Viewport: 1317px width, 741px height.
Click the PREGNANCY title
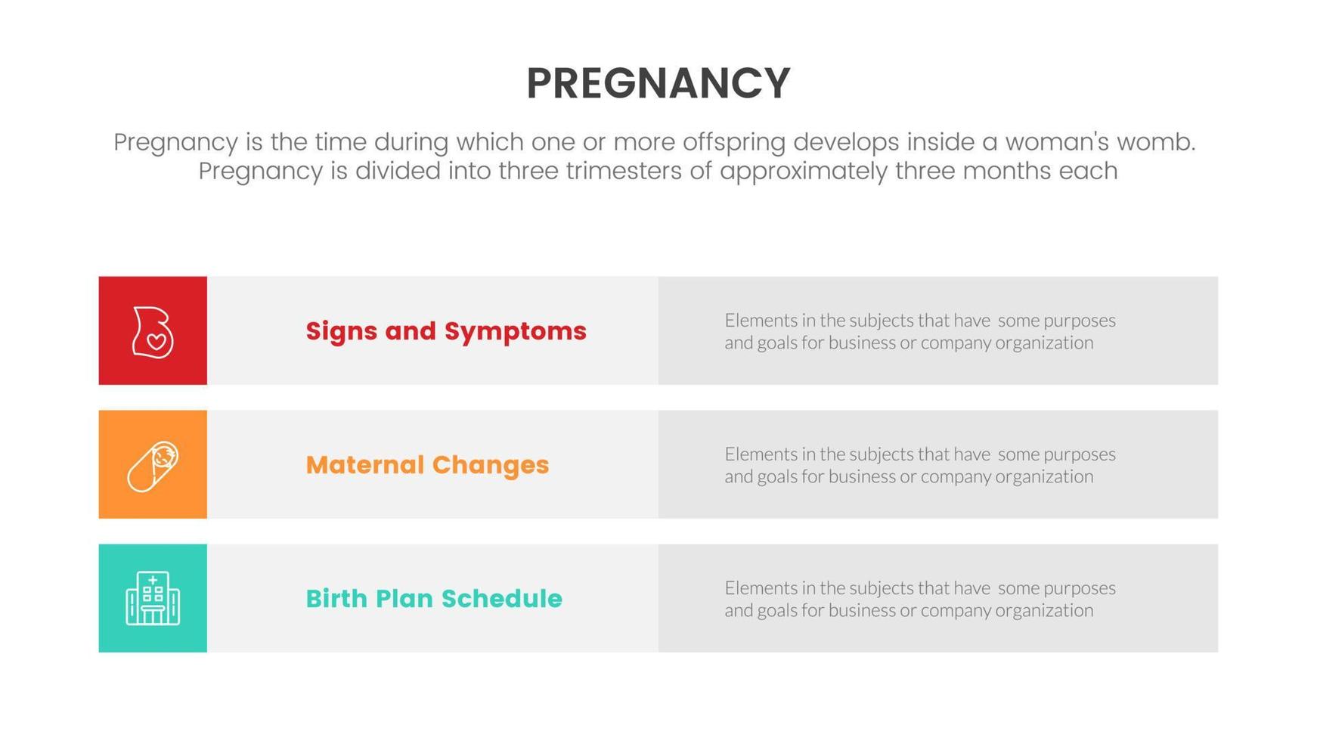pyautogui.click(x=658, y=83)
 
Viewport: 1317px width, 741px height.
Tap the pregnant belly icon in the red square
pyautogui.click(x=153, y=331)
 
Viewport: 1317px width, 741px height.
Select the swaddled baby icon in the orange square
pyautogui.click(x=153, y=466)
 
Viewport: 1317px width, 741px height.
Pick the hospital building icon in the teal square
pyautogui.click(x=153, y=599)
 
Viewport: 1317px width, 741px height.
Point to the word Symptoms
pyautogui.click(x=515, y=331)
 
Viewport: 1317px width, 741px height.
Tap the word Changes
pyautogui.click(x=491, y=465)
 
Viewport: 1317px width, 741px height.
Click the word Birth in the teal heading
pyautogui.click(x=336, y=599)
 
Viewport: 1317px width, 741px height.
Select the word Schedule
pyautogui.click(x=502, y=599)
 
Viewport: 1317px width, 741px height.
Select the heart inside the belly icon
pyautogui.click(x=156, y=342)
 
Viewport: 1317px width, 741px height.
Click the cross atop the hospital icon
pyautogui.click(x=153, y=581)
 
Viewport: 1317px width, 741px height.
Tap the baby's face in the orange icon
pyautogui.click(x=163, y=455)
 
